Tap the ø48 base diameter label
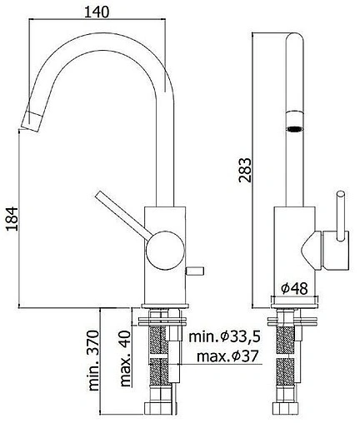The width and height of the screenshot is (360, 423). click(x=295, y=286)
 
